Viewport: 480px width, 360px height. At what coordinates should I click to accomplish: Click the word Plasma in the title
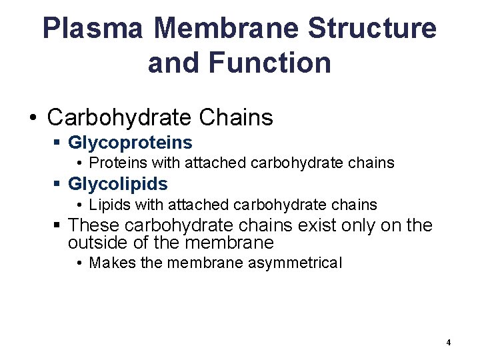[93, 29]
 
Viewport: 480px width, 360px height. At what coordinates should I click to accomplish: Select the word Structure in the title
[373, 29]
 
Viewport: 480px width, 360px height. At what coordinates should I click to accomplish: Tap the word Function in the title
[269, 63]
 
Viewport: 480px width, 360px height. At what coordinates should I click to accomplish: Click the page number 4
[449, 343]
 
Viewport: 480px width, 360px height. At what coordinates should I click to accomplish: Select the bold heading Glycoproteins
[130, 143]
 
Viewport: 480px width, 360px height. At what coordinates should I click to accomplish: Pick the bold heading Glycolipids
[118, 184]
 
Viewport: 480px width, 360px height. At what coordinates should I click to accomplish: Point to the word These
[93, 225]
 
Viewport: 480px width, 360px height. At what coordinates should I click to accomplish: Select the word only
[356, 225]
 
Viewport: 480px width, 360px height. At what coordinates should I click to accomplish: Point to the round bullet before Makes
[79, 263]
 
